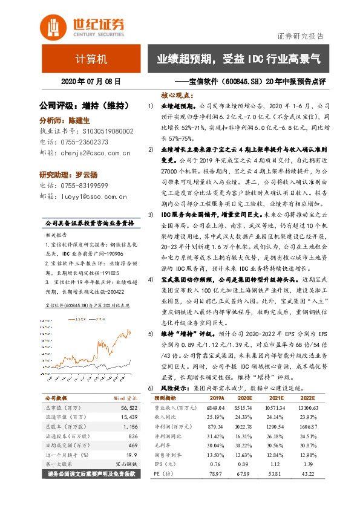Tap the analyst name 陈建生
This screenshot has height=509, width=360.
(79, 120)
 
